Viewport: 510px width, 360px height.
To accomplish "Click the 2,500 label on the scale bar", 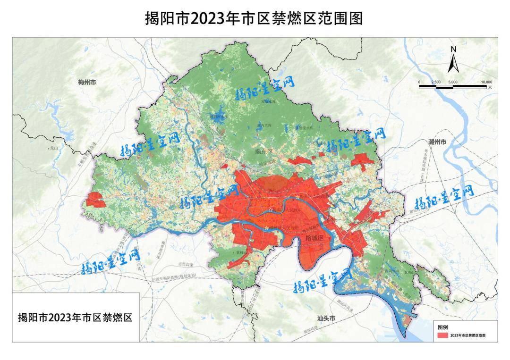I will (x=436, y=82).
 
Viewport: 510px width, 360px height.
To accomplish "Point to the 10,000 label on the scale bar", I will (x=486, y=82).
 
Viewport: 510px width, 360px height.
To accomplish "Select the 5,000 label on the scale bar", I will (x=453, y=82).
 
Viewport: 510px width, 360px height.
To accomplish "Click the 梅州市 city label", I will (x=87, y=82).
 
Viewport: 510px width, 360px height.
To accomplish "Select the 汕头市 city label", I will (x=326, y=318).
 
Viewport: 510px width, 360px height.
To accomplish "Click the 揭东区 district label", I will (x=264, y=152).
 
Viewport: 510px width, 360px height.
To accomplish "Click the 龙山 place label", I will (x=53, y=148).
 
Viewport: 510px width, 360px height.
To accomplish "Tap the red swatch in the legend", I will (x=442, y=335).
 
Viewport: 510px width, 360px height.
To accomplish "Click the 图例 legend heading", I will (x=442, y=327).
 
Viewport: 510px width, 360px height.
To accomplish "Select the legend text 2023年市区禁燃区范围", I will (x=467, y=335).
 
